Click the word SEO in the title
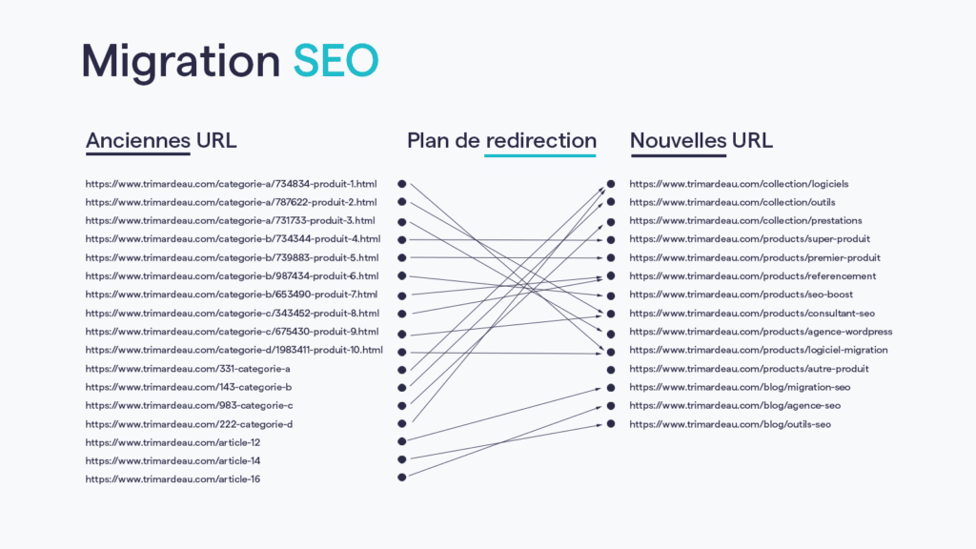[335, 60]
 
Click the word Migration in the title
[180, 62]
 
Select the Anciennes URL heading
[161, 140]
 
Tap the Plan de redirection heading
[501, 140]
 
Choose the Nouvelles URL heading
[701, 140]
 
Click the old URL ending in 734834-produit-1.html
[232, 184]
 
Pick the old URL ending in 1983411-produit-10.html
[234, 350]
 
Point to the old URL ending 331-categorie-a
[188, 368]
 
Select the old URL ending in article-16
[173, 478]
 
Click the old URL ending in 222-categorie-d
[189, 423]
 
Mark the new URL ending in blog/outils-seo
[730, 423]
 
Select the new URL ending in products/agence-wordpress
[761, 332]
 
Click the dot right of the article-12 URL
[402, 440]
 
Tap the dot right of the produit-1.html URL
[402, 183]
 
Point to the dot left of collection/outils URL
[611, 202]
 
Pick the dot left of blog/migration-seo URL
[611, 387]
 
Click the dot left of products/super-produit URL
[611, 239]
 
